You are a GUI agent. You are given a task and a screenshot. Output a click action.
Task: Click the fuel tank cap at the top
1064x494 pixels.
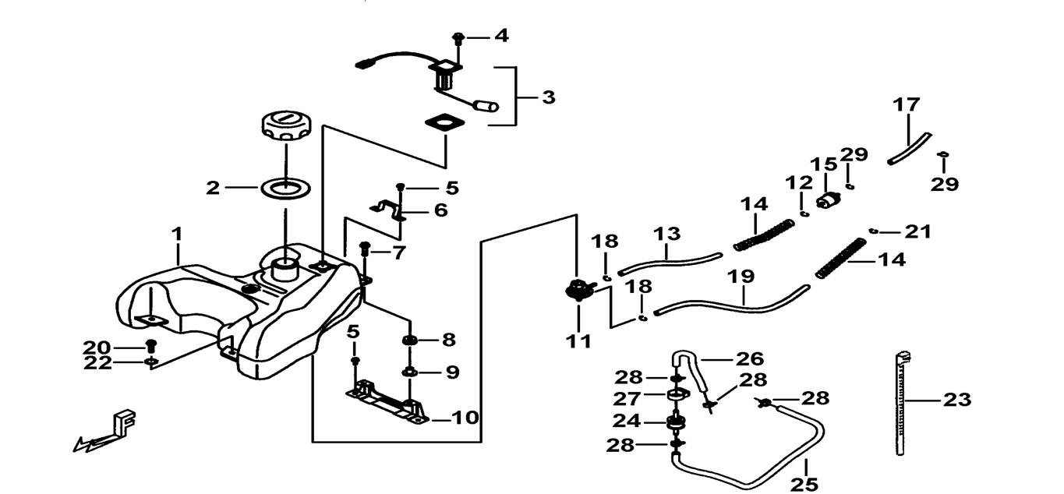tap(285, 126)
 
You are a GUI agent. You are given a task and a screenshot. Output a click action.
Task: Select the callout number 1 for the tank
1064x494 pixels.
tap(177, 233)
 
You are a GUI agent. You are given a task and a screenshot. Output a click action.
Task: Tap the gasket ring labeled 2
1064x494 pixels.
tap(285, 188)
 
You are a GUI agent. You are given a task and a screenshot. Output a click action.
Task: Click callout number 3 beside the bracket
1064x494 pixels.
tap(549, 98)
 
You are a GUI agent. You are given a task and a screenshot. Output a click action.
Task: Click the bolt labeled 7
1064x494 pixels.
tap(364, 250)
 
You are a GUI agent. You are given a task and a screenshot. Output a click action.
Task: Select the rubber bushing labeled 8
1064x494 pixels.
tap(408, 341)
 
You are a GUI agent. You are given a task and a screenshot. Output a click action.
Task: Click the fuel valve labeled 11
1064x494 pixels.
tap(578, 289)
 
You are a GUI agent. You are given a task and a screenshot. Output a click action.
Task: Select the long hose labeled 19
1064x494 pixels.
tap(733, 305)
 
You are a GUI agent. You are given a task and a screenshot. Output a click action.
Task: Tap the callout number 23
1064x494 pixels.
tap(957, 400)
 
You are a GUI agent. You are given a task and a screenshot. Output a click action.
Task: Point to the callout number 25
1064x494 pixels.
tap(804, 484)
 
